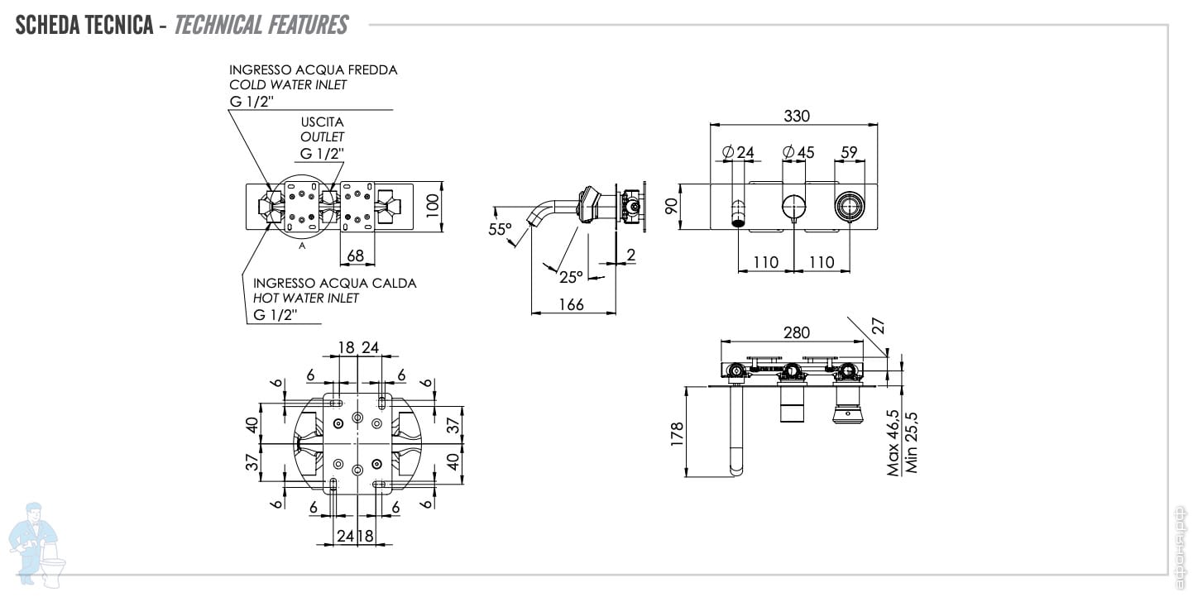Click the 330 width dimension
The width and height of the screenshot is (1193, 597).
tap(796, 116)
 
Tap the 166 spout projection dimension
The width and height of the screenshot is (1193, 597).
tap(571, 304)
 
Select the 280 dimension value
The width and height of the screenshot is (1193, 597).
tap(796, 332)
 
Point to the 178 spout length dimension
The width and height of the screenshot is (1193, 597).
tap(677, 432)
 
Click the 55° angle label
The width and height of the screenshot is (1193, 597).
tap(500, 229)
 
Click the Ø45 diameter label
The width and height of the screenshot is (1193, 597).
tap(798, 152)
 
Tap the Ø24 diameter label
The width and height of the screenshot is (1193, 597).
tap(738, 152)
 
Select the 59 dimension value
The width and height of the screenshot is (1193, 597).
tap(849, 152)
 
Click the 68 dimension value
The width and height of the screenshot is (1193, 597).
tap(356, 256)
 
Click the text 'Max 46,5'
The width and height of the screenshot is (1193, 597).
tap(894, 442)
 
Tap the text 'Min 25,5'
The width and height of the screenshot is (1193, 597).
tap(912, 442)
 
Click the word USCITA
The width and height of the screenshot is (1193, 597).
tap(322, 122)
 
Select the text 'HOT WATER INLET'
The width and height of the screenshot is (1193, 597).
tap(306, 298)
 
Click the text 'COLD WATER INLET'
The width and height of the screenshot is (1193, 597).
tap(288, 84)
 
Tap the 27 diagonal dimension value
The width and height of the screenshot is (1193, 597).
tap(879, 326)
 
